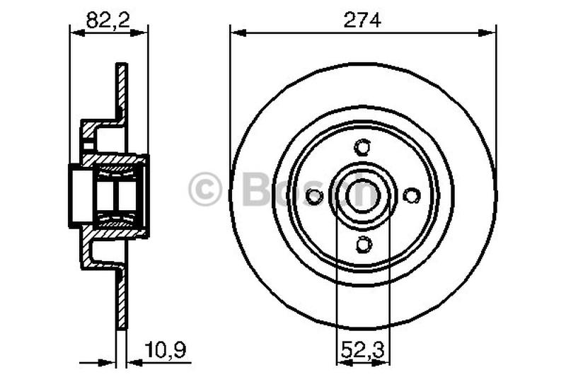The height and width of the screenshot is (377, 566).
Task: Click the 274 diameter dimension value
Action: tap(363, 21)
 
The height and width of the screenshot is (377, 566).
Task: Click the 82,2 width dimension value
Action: tap(108, 21)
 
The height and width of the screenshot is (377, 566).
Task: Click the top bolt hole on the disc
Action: tap(363, 148)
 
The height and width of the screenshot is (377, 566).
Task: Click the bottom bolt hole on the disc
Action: tap(363, 244)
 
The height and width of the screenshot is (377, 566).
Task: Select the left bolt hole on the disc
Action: tap(315, 196)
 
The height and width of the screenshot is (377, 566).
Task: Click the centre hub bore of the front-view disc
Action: tap(363, 196)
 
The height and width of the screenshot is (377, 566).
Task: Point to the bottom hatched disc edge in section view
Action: tap(122, 304)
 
